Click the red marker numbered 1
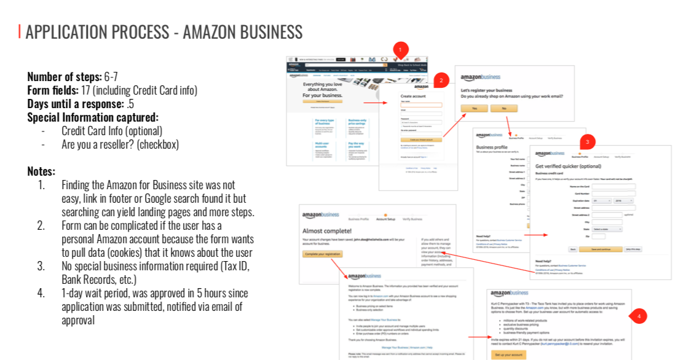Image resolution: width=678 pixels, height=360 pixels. pyautogui.click(x=400, y=49)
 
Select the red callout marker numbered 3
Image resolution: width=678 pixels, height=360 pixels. pyautogui.click(x=587, y=142)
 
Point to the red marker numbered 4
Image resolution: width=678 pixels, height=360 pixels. pyautogui.click(x=639, y=316)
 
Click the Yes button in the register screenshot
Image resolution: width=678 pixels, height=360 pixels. pyautogui.click(x=474, y=108)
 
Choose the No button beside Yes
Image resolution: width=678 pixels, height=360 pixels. pyautogui.click(x=503, y=108)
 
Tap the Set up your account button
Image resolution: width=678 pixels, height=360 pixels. pyautogui.click(x=508, y=354)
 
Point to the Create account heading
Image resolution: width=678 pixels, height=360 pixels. pyautogui.click(x=412, y=96)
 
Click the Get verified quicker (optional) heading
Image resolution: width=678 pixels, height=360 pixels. pyautogui.click(x=567, y=166)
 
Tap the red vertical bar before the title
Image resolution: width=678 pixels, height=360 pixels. pyautogui.click(x=20, y=31)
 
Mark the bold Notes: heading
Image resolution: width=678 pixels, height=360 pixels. pyautogui.click(x=41, y=171)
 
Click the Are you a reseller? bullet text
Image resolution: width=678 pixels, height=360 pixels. pyautogui.click(x=120, y=145)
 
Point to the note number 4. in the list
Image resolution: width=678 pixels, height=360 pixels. pyautogui.click(x=41, y=293)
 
